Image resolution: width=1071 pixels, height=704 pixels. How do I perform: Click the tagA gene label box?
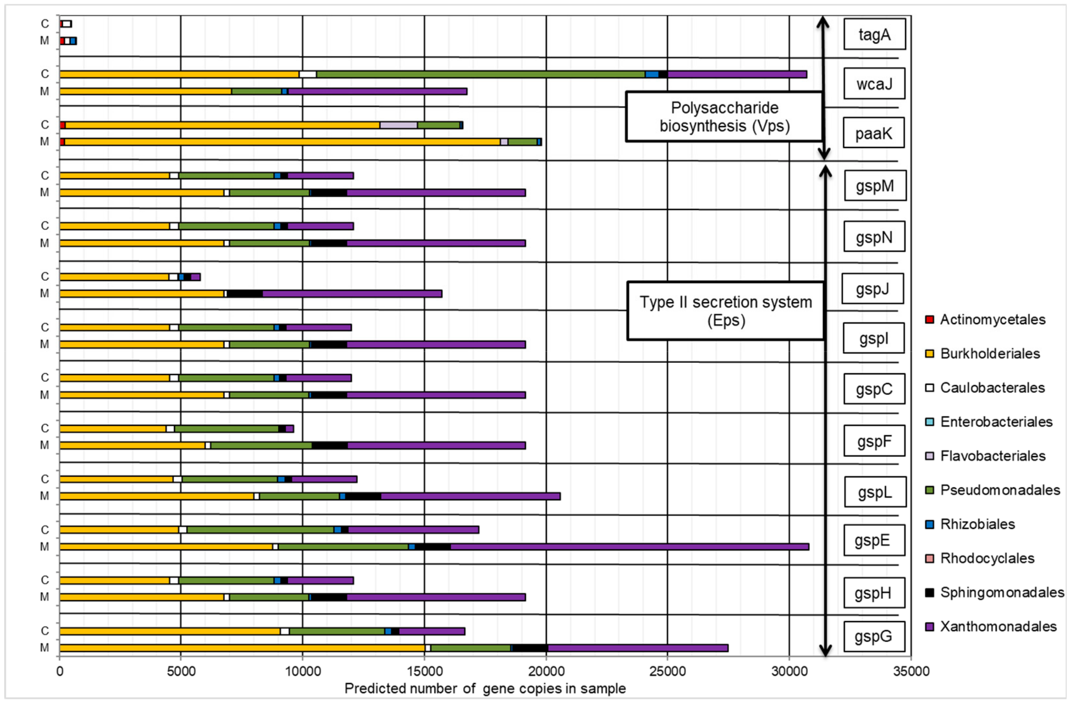(x=874, y=34)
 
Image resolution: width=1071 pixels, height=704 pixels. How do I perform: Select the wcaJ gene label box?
(x=874, y=84)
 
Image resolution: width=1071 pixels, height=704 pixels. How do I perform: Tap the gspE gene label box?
(x=873, y=540)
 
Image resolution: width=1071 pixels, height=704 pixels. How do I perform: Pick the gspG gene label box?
(x=873, y=636)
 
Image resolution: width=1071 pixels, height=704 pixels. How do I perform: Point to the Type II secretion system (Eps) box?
(x=725, y=311)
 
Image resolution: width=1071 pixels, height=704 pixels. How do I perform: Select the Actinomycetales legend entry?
(x=992, y=320)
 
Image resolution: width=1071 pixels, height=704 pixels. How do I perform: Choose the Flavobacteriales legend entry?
(x=992, y=456)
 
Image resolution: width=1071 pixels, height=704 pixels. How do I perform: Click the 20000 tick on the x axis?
(x=546, y=671)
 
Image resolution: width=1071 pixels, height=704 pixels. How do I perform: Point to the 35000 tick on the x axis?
(x=911, y=671)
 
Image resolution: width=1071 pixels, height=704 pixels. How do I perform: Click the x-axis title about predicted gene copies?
(x=485, y=689)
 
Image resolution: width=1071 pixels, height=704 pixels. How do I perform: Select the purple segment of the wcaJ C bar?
(x=737, y=74)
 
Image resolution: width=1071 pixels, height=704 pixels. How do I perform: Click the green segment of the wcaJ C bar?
(x=481, y=74)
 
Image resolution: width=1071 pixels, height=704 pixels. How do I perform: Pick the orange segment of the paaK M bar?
(x=282, y=142)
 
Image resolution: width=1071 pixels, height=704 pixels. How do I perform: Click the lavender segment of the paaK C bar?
(x=398, y=125)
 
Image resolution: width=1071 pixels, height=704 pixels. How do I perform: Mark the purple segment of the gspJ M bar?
(x=352, y=294)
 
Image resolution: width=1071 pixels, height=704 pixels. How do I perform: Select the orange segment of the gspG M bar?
(x=242, y=648)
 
